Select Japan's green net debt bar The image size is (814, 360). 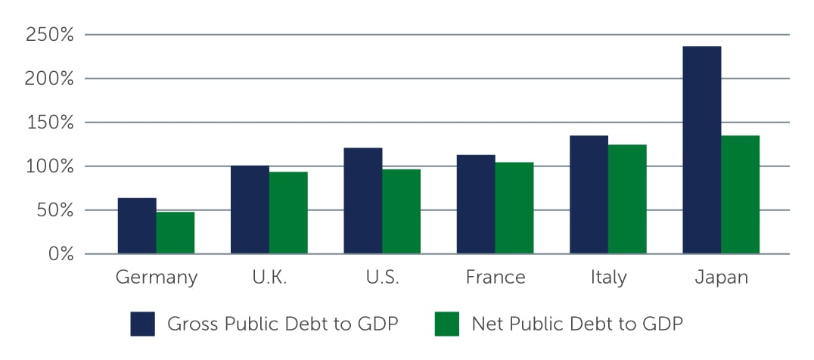(740, 194)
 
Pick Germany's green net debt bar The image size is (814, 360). (176, 232)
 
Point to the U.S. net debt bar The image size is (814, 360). (401, 211)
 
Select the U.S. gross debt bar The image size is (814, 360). (363, 200)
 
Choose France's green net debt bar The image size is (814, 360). (514, 208)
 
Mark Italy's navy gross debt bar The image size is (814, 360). (589, 194)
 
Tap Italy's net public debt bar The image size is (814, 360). (627, 199)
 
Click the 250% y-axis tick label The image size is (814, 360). (49, 35)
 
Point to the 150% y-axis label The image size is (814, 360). (49, 123)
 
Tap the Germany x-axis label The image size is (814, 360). (156, 278)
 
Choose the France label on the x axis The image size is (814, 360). (495, 278)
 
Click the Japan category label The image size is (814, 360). (720, 278)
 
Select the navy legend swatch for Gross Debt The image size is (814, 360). (142, 324)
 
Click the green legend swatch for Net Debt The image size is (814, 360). (447, 324)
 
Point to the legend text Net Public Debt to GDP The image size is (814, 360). (577, 324)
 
